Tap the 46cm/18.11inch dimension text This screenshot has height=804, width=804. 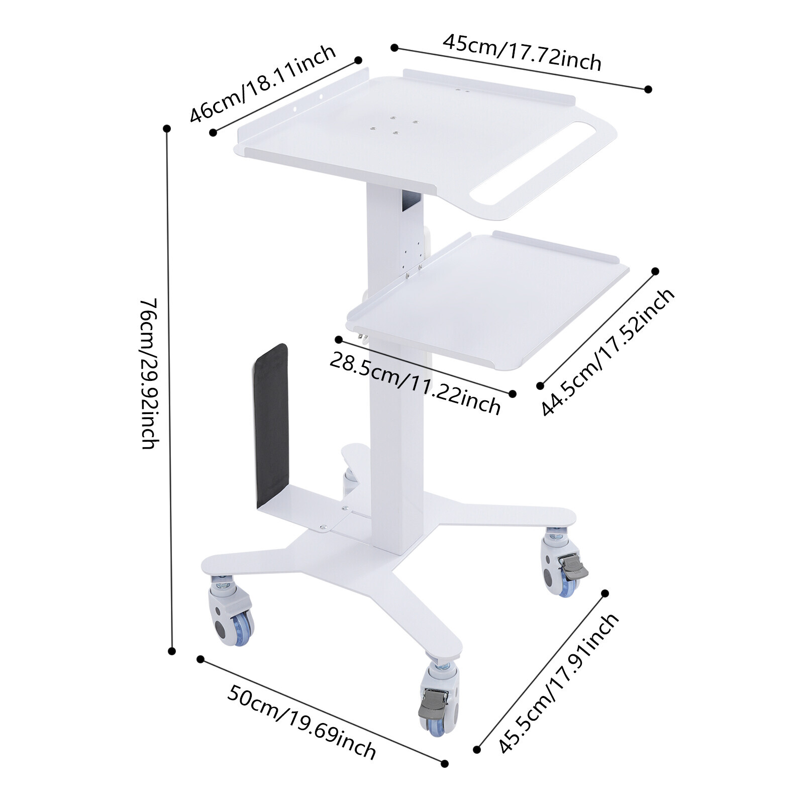click(262, 83)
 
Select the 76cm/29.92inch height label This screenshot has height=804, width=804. click(149, 373)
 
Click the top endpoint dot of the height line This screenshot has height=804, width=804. click(167, 129)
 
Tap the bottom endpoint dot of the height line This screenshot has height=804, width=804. click(172, 651)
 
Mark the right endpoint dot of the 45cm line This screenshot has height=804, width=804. click(648, 89)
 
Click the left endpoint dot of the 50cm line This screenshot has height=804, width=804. click(200, 659)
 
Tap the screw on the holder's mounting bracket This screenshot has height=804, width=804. click(323, 527)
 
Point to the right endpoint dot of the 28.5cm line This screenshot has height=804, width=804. click(513, 394)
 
